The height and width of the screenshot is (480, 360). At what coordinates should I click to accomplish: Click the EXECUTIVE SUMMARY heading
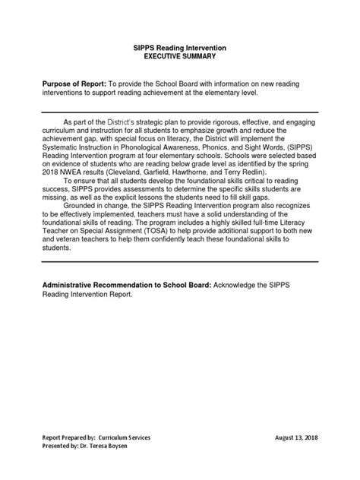(180, 57)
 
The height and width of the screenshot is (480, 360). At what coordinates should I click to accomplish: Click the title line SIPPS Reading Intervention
(180, 48)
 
